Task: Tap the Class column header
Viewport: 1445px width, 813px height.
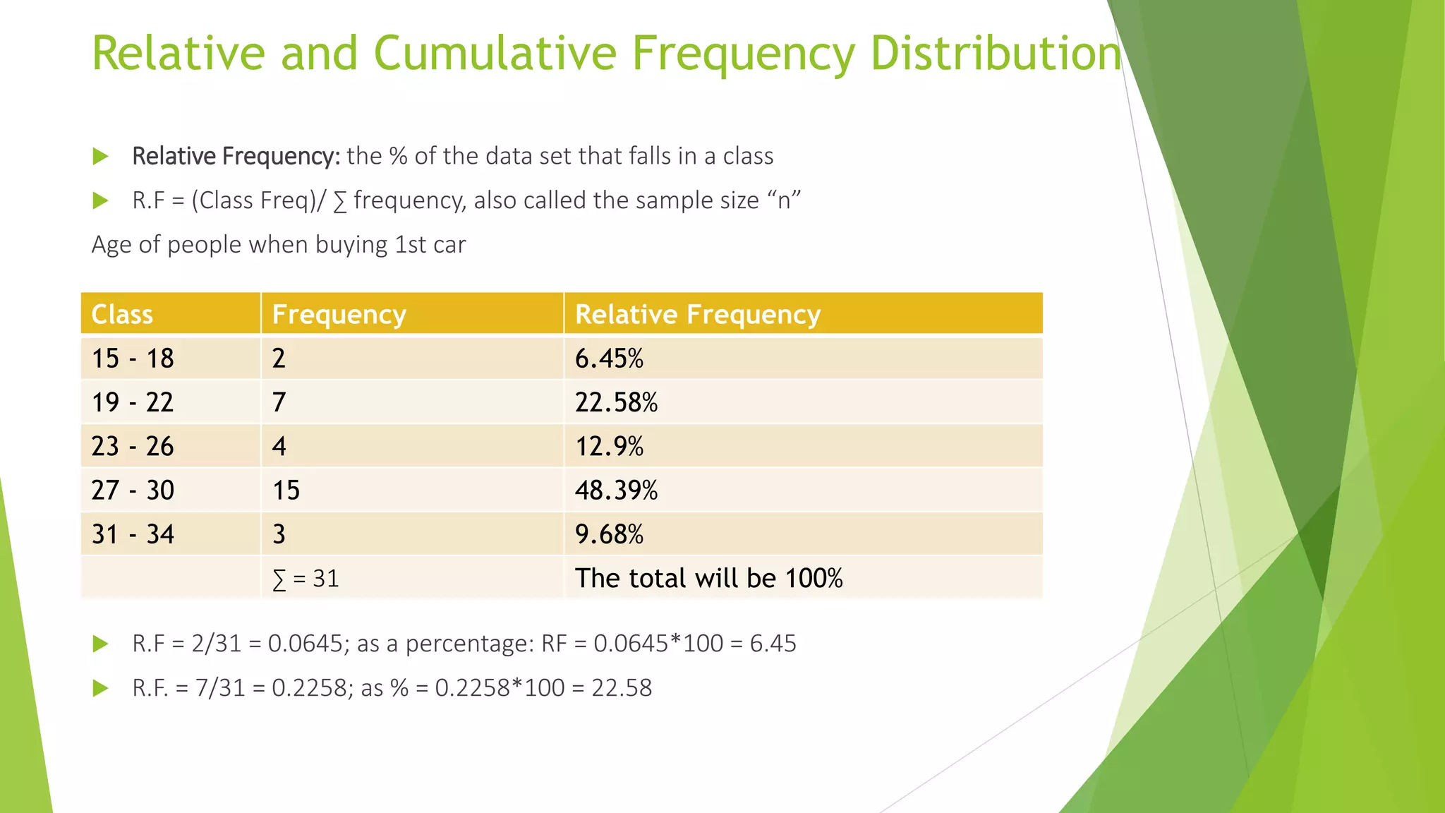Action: coord(122,314)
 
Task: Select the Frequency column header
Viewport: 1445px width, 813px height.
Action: coord(339,314)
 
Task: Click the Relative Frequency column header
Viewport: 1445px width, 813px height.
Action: coord(697,314)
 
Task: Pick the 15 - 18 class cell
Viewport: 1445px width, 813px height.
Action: coord(133,359)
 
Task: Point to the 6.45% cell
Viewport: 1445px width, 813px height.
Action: coord(609,359)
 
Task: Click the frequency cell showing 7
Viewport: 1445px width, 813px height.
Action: coord(279,402)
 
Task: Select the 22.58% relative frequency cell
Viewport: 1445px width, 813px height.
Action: coord(616,402)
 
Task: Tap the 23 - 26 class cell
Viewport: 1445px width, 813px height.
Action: coord(133,446)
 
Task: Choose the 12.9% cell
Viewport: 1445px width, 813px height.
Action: coord(609,446)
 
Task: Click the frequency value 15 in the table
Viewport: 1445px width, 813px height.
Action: coord(286,490)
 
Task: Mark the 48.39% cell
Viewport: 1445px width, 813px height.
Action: coord(616,490)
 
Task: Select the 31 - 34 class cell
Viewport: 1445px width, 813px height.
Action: coord(133,534)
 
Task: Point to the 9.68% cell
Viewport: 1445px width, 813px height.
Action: coord(609,534)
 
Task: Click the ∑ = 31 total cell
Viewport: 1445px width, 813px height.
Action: coord(306,579)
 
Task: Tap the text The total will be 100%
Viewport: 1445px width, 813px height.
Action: coord(708,578)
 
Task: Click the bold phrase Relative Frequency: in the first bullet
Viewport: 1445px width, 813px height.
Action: coord(236,156)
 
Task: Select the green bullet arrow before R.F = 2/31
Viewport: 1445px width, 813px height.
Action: coord(101,644)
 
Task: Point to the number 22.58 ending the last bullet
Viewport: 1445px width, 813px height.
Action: coord(622,687)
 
